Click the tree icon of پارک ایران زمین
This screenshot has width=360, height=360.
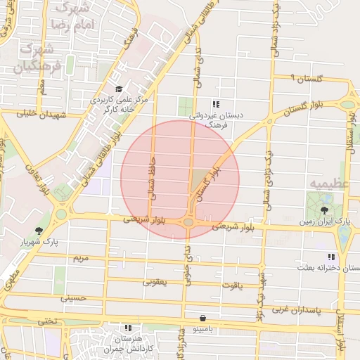(x=324, y=210)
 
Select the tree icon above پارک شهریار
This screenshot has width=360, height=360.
(x=38, y=230)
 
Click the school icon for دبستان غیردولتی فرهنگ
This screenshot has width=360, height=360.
(x=215, y=104)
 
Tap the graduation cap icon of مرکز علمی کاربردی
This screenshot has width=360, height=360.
(x=119, y=89)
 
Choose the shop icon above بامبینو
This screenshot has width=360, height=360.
(x=203, y=318)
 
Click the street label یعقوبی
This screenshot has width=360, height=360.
(x=155, y=282)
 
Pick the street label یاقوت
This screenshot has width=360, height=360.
(x=230, y=285)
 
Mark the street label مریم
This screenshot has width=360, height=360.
(x=81, y=258)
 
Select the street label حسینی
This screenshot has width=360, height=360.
(x=72, y=298)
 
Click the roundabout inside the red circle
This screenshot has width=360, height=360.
(x=188, y=222)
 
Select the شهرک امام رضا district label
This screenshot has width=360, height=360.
(x=68, y=16)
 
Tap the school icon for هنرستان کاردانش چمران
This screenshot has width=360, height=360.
(x=128, y=328)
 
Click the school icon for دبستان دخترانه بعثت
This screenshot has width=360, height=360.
(x=330, y=257)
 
